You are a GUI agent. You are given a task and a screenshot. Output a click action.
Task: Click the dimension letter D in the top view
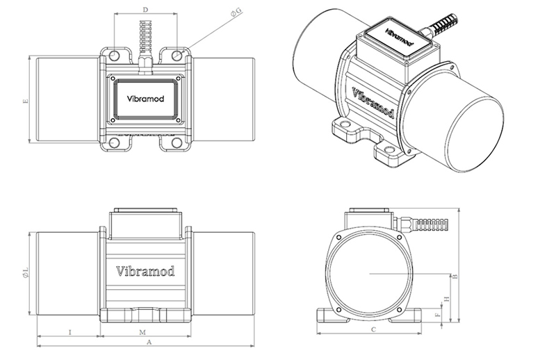[145, 9]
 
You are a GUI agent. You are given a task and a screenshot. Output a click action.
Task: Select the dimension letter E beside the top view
[26, 101]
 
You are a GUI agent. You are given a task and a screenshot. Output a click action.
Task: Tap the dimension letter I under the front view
[70, 333]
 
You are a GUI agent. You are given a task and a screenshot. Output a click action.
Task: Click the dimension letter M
[142, 333]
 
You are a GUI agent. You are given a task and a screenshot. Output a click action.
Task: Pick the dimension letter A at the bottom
[145, 342]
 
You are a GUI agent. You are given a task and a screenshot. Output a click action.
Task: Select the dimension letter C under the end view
[373, 330]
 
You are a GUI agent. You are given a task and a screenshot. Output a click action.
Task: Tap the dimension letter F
[436, 315]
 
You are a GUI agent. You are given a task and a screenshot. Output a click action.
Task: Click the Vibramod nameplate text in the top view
[144, 99]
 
